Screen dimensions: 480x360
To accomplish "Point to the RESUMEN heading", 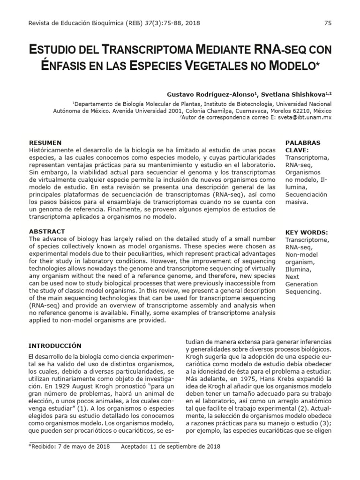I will pos(45,142).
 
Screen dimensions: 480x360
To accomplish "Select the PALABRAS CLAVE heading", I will pos(302,146).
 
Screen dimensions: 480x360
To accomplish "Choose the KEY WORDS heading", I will pos(307,232).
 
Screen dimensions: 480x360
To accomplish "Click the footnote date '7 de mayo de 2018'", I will pos(84,446).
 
